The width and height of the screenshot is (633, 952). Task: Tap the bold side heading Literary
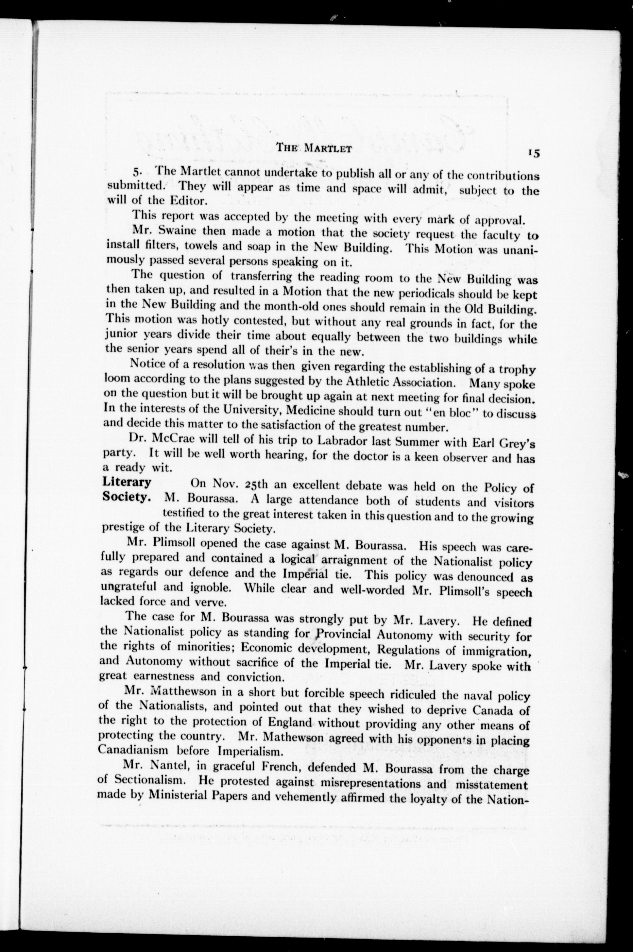[127, 482]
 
